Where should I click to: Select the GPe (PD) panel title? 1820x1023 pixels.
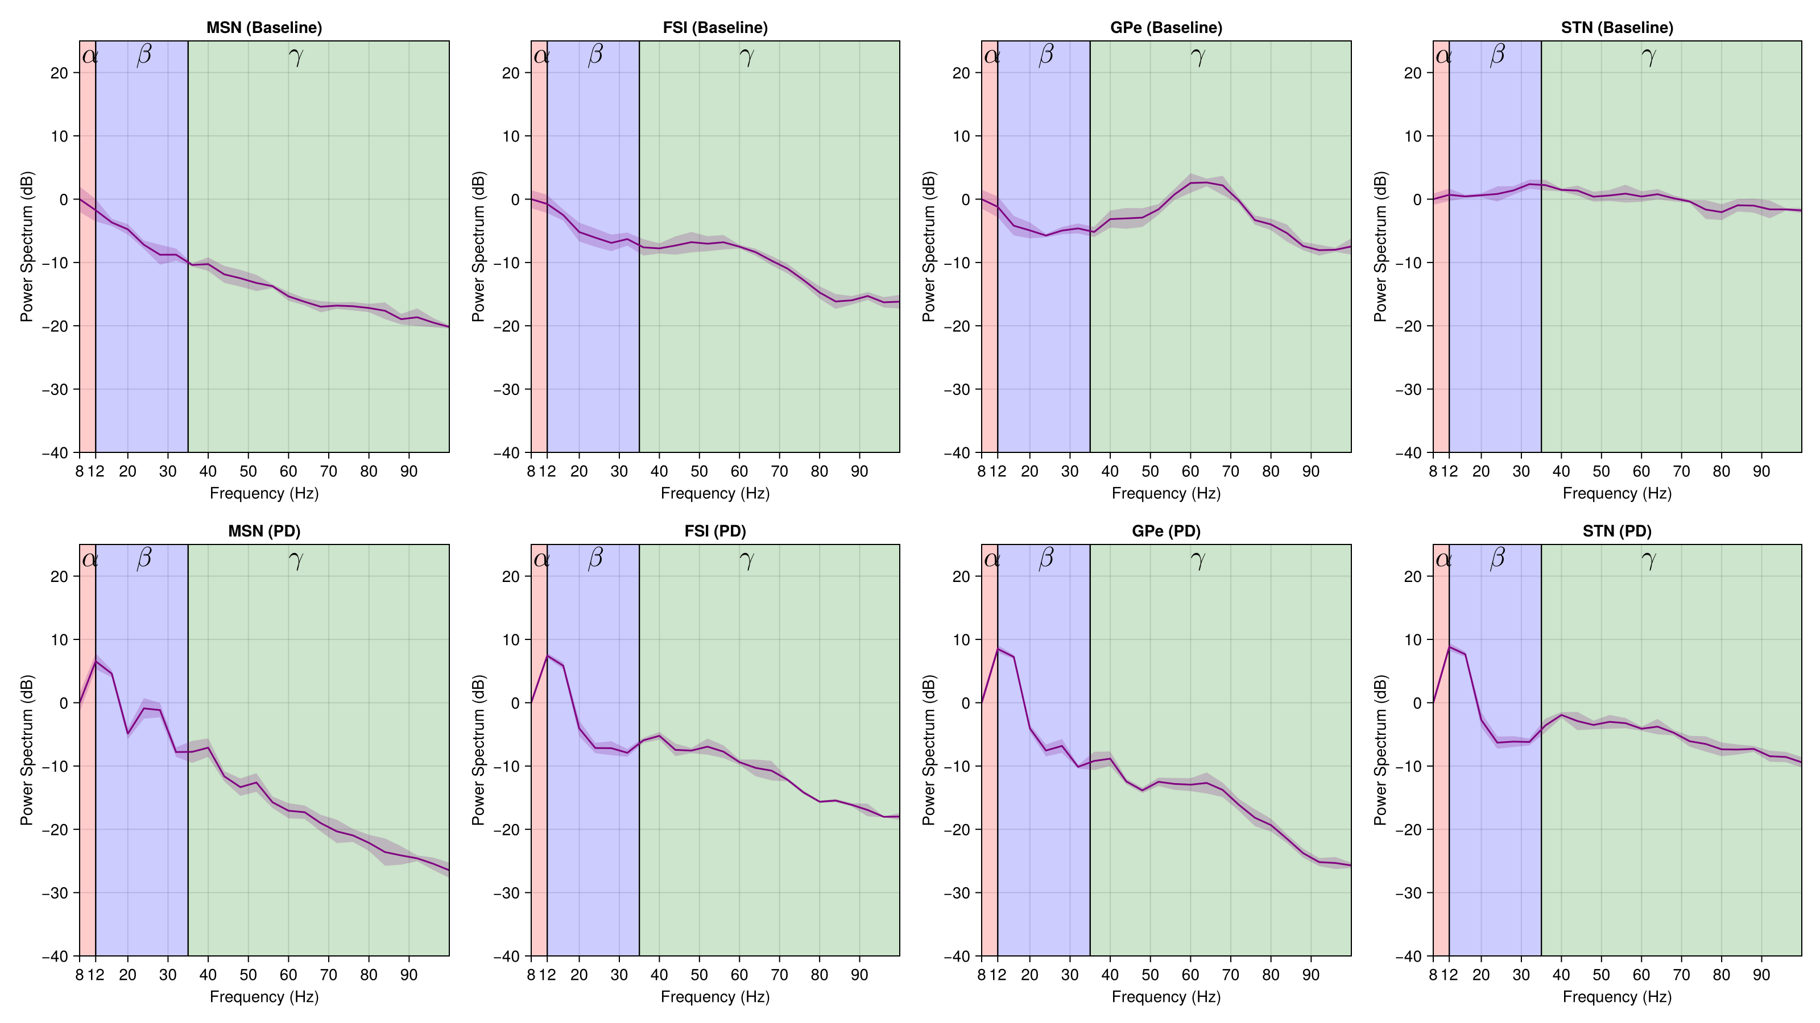[x=1166, y=531]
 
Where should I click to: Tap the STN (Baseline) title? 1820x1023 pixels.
[x=1616, y=27]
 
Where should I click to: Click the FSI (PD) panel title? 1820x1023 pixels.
[x=715, y=531]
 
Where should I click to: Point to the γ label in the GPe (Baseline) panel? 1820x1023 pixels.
[x=1198, y=56]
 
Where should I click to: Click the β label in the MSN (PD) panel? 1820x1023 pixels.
[x=144, y=559]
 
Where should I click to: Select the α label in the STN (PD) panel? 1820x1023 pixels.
[x=1443, y=560]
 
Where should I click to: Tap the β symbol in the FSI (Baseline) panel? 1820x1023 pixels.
[x=595, y=55]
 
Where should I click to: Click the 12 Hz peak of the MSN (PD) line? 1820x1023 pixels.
[x=96, y=661]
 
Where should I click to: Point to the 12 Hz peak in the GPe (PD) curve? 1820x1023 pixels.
[x=998, y=649]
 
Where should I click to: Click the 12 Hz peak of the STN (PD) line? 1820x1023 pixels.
[x=1449, y=647]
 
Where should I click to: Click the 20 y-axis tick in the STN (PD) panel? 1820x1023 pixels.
[x=1412, y=576]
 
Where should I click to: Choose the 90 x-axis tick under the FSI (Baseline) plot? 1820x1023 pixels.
[x=859, y=472]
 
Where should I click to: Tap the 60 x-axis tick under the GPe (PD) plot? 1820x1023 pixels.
[x=1190, y=975]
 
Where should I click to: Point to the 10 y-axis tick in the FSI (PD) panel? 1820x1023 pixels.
[x=511, y=639]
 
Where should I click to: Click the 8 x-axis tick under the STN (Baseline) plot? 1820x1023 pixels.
[x=1433, y=472]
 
